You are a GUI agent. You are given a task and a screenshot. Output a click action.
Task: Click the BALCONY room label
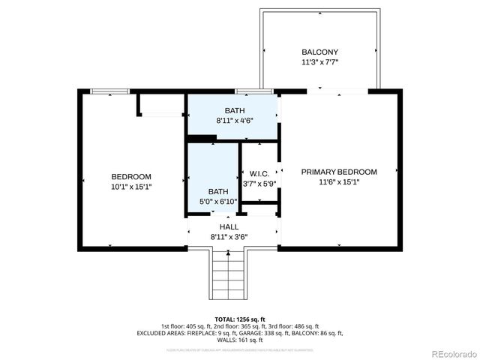click(x=319, y=52)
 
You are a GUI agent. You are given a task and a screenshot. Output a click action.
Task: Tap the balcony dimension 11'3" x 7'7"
click(x=319, y=62)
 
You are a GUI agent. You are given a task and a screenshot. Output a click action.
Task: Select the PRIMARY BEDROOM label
click(x=339, y=172)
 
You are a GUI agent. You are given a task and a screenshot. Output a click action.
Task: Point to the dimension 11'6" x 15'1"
click(x=339, y=182)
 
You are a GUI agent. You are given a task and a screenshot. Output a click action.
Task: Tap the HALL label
click(x=229, y=226)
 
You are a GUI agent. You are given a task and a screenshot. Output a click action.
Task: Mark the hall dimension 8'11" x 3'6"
click(x=229, y=237)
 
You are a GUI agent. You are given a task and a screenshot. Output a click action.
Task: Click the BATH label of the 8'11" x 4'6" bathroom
click(x=234, y=110)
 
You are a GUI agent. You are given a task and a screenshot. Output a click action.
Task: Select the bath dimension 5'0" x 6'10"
click(x=218, y=201)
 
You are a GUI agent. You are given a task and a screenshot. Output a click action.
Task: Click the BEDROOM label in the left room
click(x=131, y=176)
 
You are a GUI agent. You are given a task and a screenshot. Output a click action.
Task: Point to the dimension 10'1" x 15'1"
click(x=131, y=187)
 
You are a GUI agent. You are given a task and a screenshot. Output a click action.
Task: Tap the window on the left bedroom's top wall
click(x=109, y=91)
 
